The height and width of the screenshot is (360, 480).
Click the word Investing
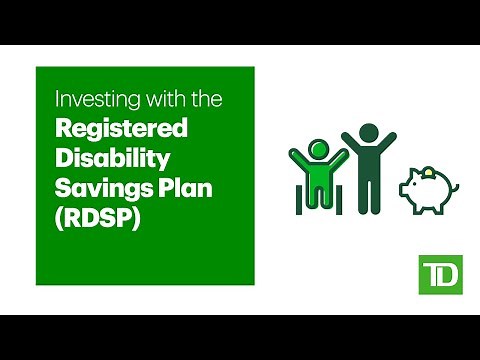83,100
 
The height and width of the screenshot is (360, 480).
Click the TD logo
436,274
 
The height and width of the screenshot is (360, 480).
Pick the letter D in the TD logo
443,275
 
